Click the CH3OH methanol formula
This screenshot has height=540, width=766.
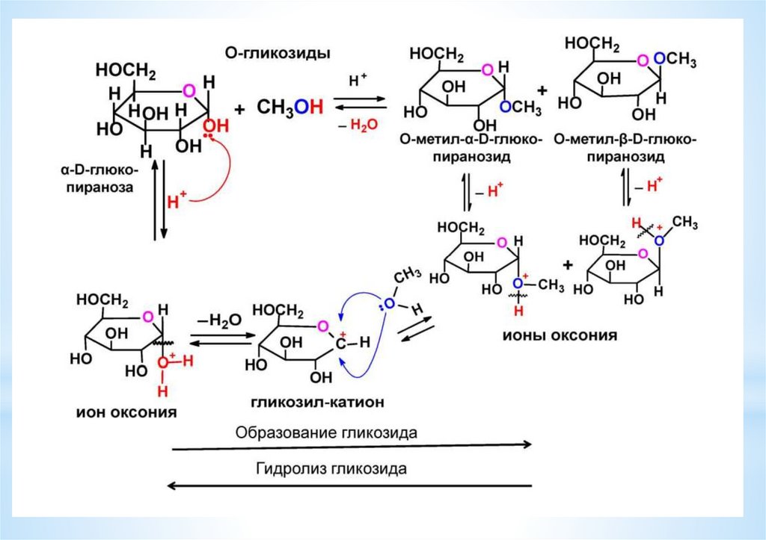(x=290, y=107)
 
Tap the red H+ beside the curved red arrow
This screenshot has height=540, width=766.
(x=177, y=199)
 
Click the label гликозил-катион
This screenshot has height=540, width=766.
(x=317, y=402)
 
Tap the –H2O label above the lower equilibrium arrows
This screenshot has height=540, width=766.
(x=220, y=320)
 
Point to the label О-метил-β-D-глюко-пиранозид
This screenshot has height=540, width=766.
(x=625, y=149)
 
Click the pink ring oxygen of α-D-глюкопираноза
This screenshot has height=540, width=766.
(x=189, y=90)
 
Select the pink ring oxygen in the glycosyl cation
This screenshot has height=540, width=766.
(x=322, y=326)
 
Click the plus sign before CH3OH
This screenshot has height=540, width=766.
(x=239, y=108)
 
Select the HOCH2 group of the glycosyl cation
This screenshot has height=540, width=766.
(x=278, y=309)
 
